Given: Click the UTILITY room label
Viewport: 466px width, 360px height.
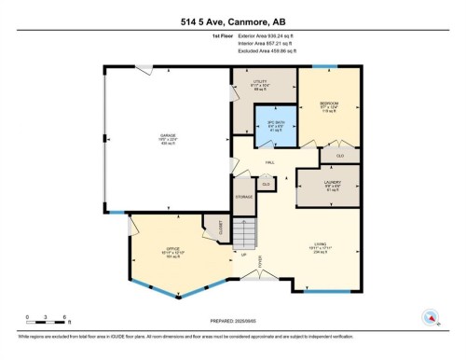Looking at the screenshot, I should (261, 85).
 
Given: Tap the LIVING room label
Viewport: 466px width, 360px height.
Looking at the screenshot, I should (319, 247).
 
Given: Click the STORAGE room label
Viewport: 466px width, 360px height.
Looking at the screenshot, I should (244, 198).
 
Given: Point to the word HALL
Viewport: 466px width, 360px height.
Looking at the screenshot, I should (269, 162).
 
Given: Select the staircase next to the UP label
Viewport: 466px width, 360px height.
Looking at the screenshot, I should (243, 230).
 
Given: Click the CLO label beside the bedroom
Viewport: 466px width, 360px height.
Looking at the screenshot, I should (339, 154).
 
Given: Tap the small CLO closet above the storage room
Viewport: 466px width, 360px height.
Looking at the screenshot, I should (266, 185).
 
